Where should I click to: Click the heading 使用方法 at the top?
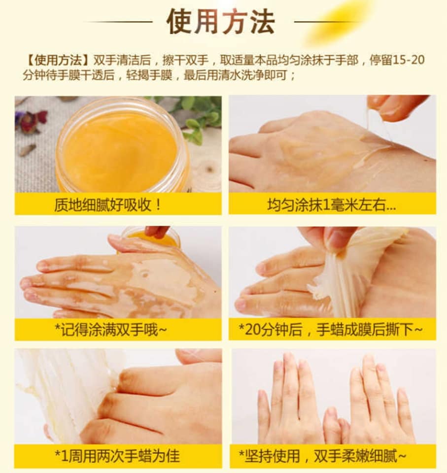(221, 21)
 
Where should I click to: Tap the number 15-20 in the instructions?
(409, 60)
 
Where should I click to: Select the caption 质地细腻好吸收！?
(107, 205)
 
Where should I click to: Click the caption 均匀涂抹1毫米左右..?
(331, 205)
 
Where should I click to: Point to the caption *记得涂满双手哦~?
(110, 330)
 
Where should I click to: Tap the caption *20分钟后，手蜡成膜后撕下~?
(331, 330)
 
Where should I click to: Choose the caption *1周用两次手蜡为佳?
(117, 456)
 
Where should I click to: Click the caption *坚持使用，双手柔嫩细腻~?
(322, 456)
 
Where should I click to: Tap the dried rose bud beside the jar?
(32, 120)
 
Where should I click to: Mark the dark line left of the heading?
(118, 22)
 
